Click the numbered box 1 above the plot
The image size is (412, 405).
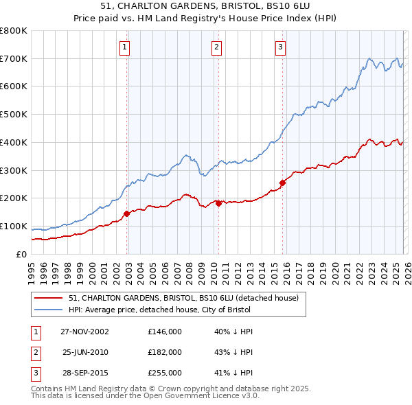125,47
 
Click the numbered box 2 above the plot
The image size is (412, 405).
216,47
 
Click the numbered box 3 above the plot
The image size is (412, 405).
280,47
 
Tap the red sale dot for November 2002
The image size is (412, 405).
127,213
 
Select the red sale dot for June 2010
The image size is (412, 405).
218,203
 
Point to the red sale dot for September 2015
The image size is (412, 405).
282,183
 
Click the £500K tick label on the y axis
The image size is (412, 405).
14,115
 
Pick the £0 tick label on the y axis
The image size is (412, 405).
21,254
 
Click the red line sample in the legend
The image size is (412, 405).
48,299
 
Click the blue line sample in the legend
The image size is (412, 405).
48,310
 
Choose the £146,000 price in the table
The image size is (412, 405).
165,332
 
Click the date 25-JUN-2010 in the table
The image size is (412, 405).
86,351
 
